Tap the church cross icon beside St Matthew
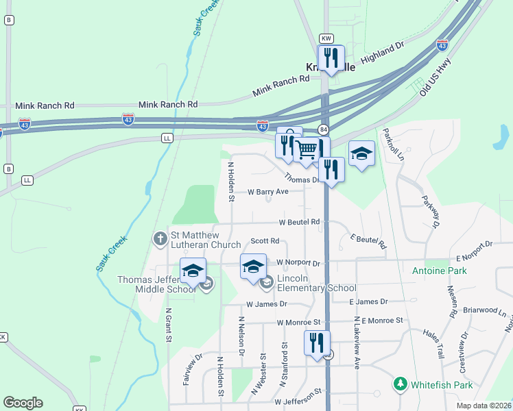[x=160, y=239]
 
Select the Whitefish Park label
[x=443, y=384]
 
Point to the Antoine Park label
[x=439, y=271]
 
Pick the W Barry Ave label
[x=268, y=192]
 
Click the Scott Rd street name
[x=265, y=241]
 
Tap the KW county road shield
[x=326, y=38]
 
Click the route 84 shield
[x=324, y=129]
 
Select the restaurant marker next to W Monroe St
[x=316, y=343]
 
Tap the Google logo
[x=23, y=403]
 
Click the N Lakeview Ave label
[x=357, y=342]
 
